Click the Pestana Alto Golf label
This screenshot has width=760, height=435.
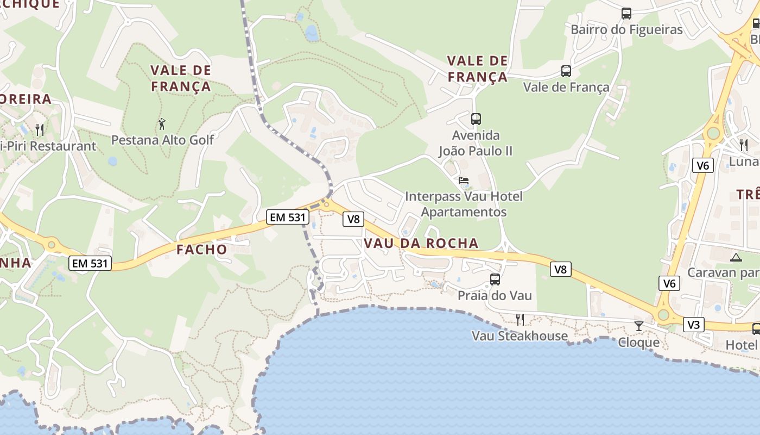162,140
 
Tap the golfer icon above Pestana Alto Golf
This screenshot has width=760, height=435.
162,125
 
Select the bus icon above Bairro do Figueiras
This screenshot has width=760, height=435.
626,14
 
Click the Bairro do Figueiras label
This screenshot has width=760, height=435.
626,29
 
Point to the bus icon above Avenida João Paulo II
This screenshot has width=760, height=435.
476,119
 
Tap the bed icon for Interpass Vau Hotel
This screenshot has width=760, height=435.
464,181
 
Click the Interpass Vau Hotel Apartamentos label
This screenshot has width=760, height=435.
464,204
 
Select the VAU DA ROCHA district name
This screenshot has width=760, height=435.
421,243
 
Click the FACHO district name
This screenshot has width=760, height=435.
202,250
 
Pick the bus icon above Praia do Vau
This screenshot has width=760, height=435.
495,279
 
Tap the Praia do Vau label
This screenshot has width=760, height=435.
495,295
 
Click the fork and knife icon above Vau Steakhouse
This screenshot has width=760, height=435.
520,319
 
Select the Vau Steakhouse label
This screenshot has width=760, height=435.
520,336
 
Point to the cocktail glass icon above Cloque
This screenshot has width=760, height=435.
639,326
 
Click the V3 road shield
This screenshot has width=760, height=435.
694,325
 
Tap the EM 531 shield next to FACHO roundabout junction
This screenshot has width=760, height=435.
288,217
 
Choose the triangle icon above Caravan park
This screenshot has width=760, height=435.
736,257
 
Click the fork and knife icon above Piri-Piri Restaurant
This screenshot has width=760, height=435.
40,129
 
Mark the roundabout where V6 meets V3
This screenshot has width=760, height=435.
663,315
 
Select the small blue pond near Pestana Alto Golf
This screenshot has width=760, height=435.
112,161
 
